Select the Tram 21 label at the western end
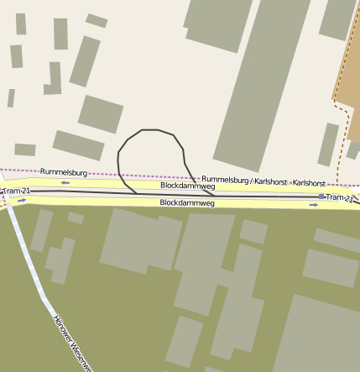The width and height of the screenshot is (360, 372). (16, 191)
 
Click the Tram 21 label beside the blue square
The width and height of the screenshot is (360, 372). (339, 197)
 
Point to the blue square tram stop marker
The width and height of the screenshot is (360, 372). (321, 196)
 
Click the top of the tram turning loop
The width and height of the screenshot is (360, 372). (151, 130)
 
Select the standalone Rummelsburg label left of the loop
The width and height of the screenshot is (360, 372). (58, 171)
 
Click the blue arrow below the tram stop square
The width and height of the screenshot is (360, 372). (314, 205)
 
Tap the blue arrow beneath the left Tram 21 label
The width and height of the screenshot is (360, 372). (22, 201)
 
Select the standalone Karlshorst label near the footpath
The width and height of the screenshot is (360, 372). (309, 182)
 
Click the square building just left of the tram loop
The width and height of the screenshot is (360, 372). (101, 113)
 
